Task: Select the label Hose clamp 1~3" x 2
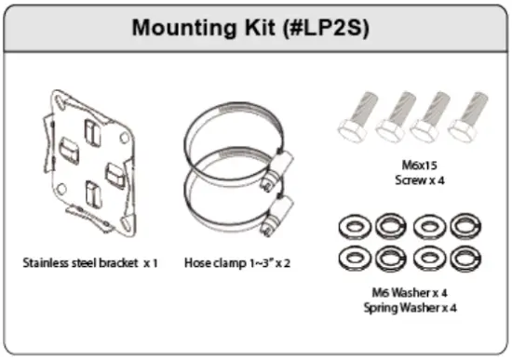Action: tap(237, 263)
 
